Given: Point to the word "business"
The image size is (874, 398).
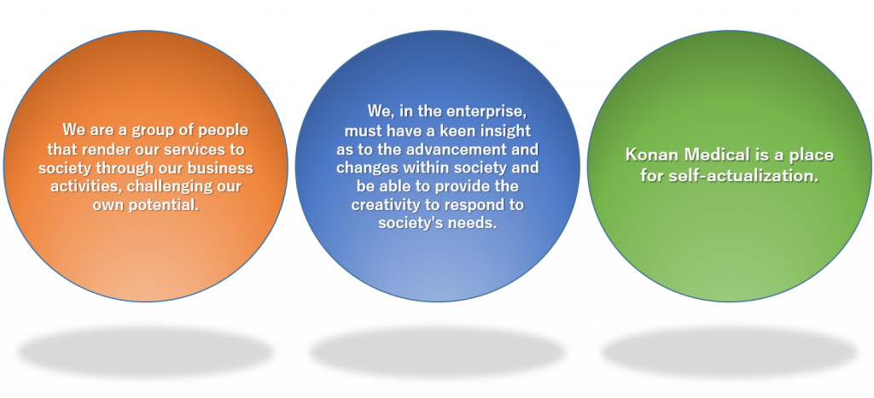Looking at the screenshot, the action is click(x=225, y=167).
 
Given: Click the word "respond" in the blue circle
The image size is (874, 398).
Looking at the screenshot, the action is click(x=470, y=205).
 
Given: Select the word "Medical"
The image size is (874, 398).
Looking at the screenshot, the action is click(x=696, y=155).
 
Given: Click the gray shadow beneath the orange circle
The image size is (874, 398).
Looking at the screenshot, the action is click(x=145, y=352).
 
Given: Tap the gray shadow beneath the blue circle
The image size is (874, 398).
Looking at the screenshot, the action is click(x=437, y=352).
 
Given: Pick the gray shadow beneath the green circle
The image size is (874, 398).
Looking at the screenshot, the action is click(x=729, y=352).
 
